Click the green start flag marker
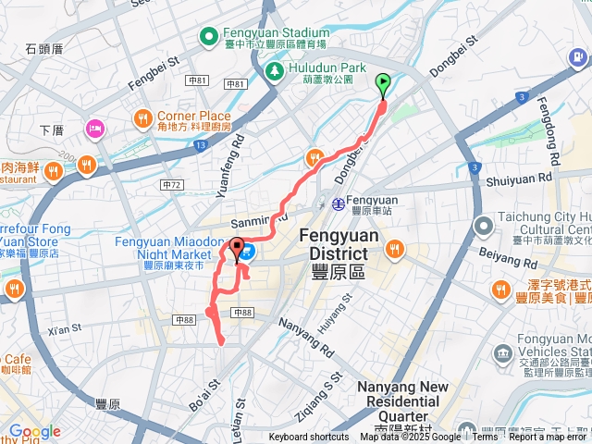(383, 85)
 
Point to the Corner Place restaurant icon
(142, 117)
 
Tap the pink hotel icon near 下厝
(95, 128)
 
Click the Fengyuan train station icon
(339, 203)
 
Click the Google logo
(34, 431)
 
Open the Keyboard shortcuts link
(309, 438)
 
